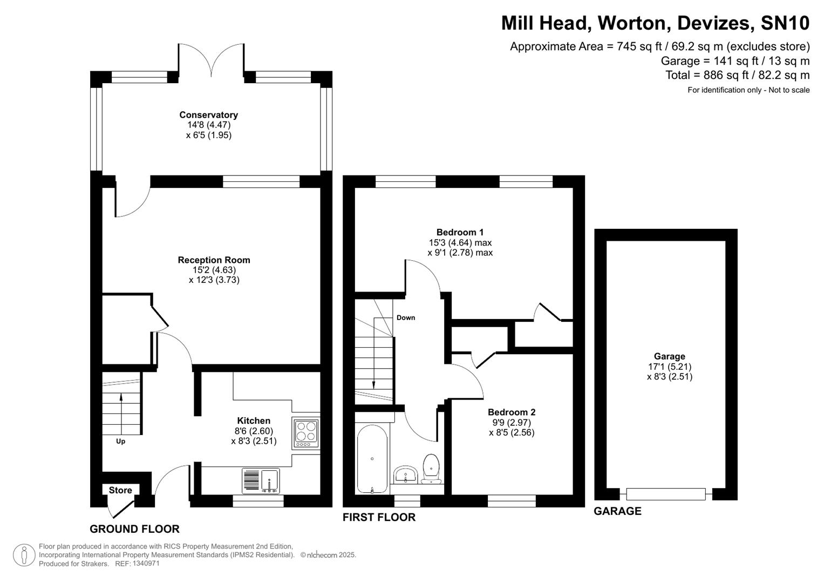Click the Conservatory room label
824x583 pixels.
pos(208,115)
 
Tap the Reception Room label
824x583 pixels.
pos(214,260)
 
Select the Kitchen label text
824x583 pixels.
pos(254,421)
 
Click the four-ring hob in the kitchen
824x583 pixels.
pos(306,432)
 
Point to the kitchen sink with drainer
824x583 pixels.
pos(261,480)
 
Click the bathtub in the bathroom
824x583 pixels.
pos(372,459)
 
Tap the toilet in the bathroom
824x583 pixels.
pos(431,468)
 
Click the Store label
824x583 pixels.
pos(120,490)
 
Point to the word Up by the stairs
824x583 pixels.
pos(121,442)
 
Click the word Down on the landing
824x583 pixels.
pos(406,317)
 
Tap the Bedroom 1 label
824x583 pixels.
pos(460,233)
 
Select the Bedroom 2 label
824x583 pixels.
pos(511,412)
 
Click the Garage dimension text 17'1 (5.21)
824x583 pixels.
pos(669,367)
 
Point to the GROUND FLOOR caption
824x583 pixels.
pos(134,529)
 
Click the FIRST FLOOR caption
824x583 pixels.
pos(379,517)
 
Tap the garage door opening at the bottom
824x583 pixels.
pos(666,493)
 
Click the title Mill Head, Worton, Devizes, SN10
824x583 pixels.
pos(655,23)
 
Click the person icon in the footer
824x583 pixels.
pos(24,555)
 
